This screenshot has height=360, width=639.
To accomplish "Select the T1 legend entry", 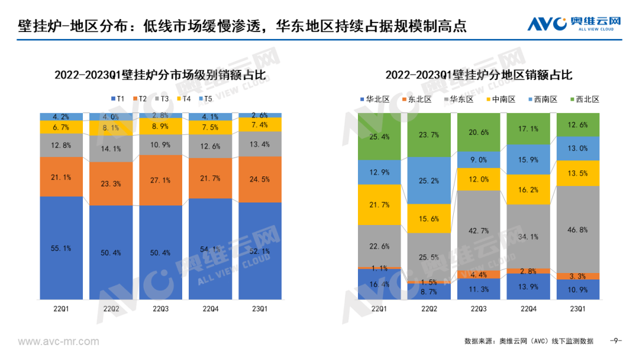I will pyautogui.click(x=117, y=98).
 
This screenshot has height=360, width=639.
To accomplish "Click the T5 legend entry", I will pyautogui.click(x=204, y=98).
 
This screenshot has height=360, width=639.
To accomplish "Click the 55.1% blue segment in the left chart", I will pyautogui.click(x=62, y=248).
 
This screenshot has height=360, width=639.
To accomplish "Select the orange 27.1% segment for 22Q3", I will pyautogui.click(x=160, y=180).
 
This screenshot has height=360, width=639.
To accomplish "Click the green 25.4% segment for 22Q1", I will pyautogui.click(x=379, y=137).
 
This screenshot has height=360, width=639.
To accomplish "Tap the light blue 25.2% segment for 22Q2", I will pyautogui.click(x=429, y=180).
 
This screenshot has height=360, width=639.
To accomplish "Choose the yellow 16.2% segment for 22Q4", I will pyautogui.click(x=528, y=189).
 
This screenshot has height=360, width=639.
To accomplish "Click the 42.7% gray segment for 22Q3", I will pyautogui.click(x=479, y=230).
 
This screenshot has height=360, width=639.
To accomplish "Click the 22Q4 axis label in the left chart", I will pyautogui.click(x=210, y=309).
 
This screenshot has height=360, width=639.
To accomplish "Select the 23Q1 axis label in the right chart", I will pyautogui.click(x=578, y=309).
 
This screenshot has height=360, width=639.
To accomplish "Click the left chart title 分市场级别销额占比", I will pyautogui.click(x=160, y=75).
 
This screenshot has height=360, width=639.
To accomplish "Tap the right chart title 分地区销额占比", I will pyautogui.click(x=479, y=75).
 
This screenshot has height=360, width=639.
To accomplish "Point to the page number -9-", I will pyautogui.click(x=616, y=341).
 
